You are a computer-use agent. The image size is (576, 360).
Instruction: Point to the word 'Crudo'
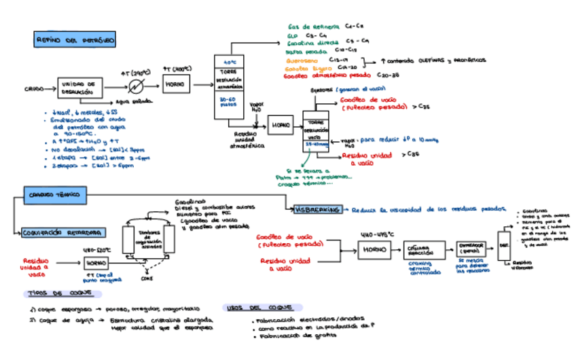coord(34,89)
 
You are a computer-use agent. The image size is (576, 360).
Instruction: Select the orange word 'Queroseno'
coord(303,60)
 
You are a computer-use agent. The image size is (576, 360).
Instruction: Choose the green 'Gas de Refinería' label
coord(313,26)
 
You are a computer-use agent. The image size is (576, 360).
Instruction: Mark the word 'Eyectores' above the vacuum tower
coord(321,89)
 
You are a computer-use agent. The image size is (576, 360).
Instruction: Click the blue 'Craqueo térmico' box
coord(54,195)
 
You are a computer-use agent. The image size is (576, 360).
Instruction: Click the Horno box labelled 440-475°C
coord(374,250)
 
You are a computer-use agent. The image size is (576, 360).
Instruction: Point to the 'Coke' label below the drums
coord(147,278)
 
